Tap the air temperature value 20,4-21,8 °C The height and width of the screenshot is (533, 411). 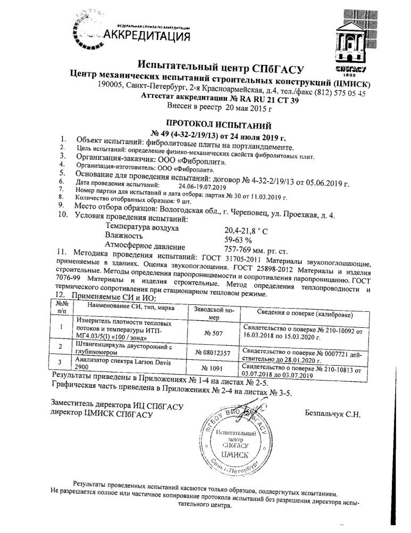coord(250,230)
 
